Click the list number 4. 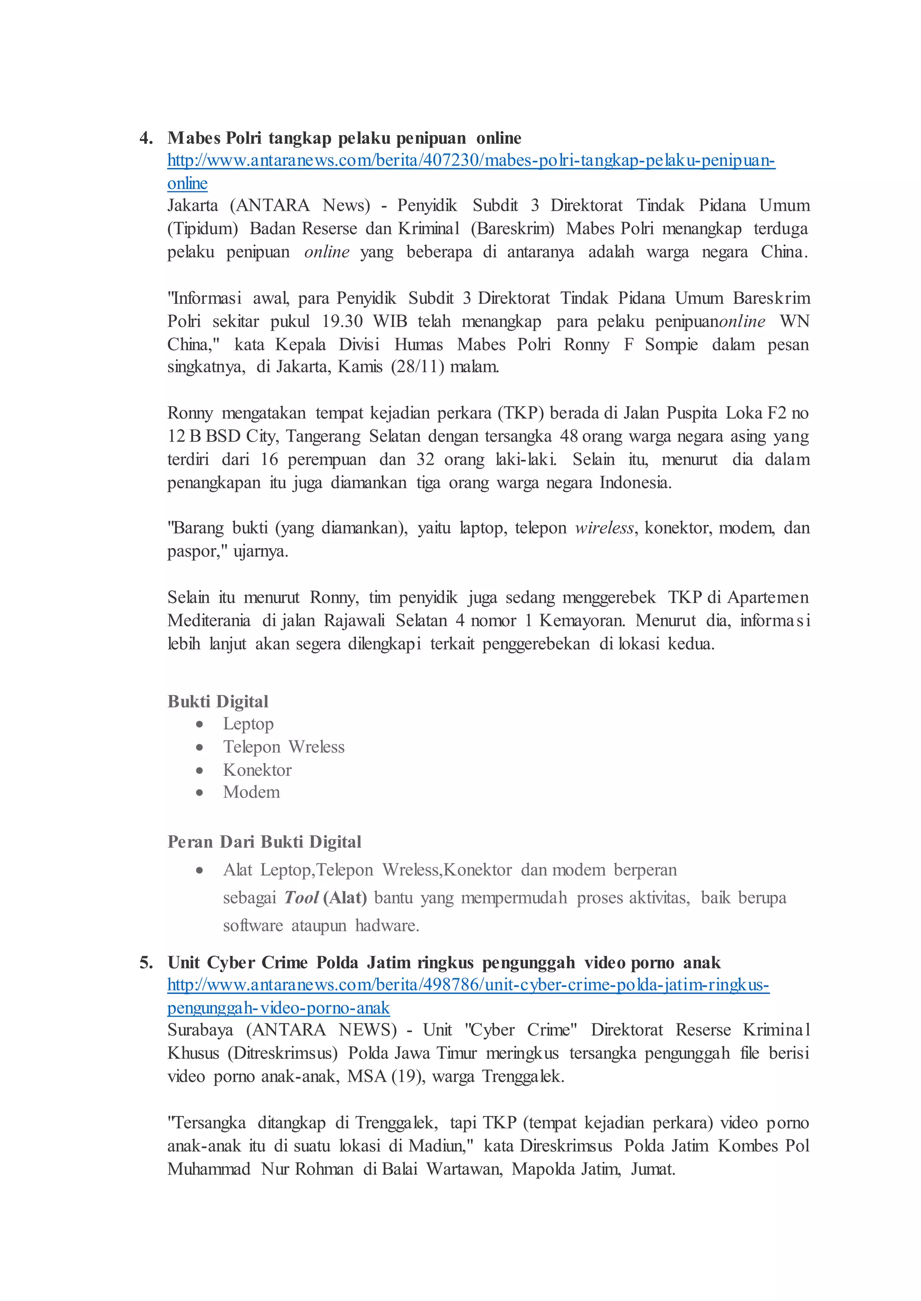click(146, 138)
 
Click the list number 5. click(146, 963)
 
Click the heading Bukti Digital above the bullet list click(218, 702)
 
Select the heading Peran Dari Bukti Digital click(264, 842)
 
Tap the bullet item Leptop click(248, 724)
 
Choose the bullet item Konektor click(258, 770)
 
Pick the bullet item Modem click(252, 792)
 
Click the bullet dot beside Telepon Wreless click(200, 748)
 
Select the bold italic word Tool click(301, 898)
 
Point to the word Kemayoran click(582, 620)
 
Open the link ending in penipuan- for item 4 click(471, 161)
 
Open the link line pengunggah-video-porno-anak click(278, 1008)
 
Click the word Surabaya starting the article click(200, 1030)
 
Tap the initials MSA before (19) click(367, 1076)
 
